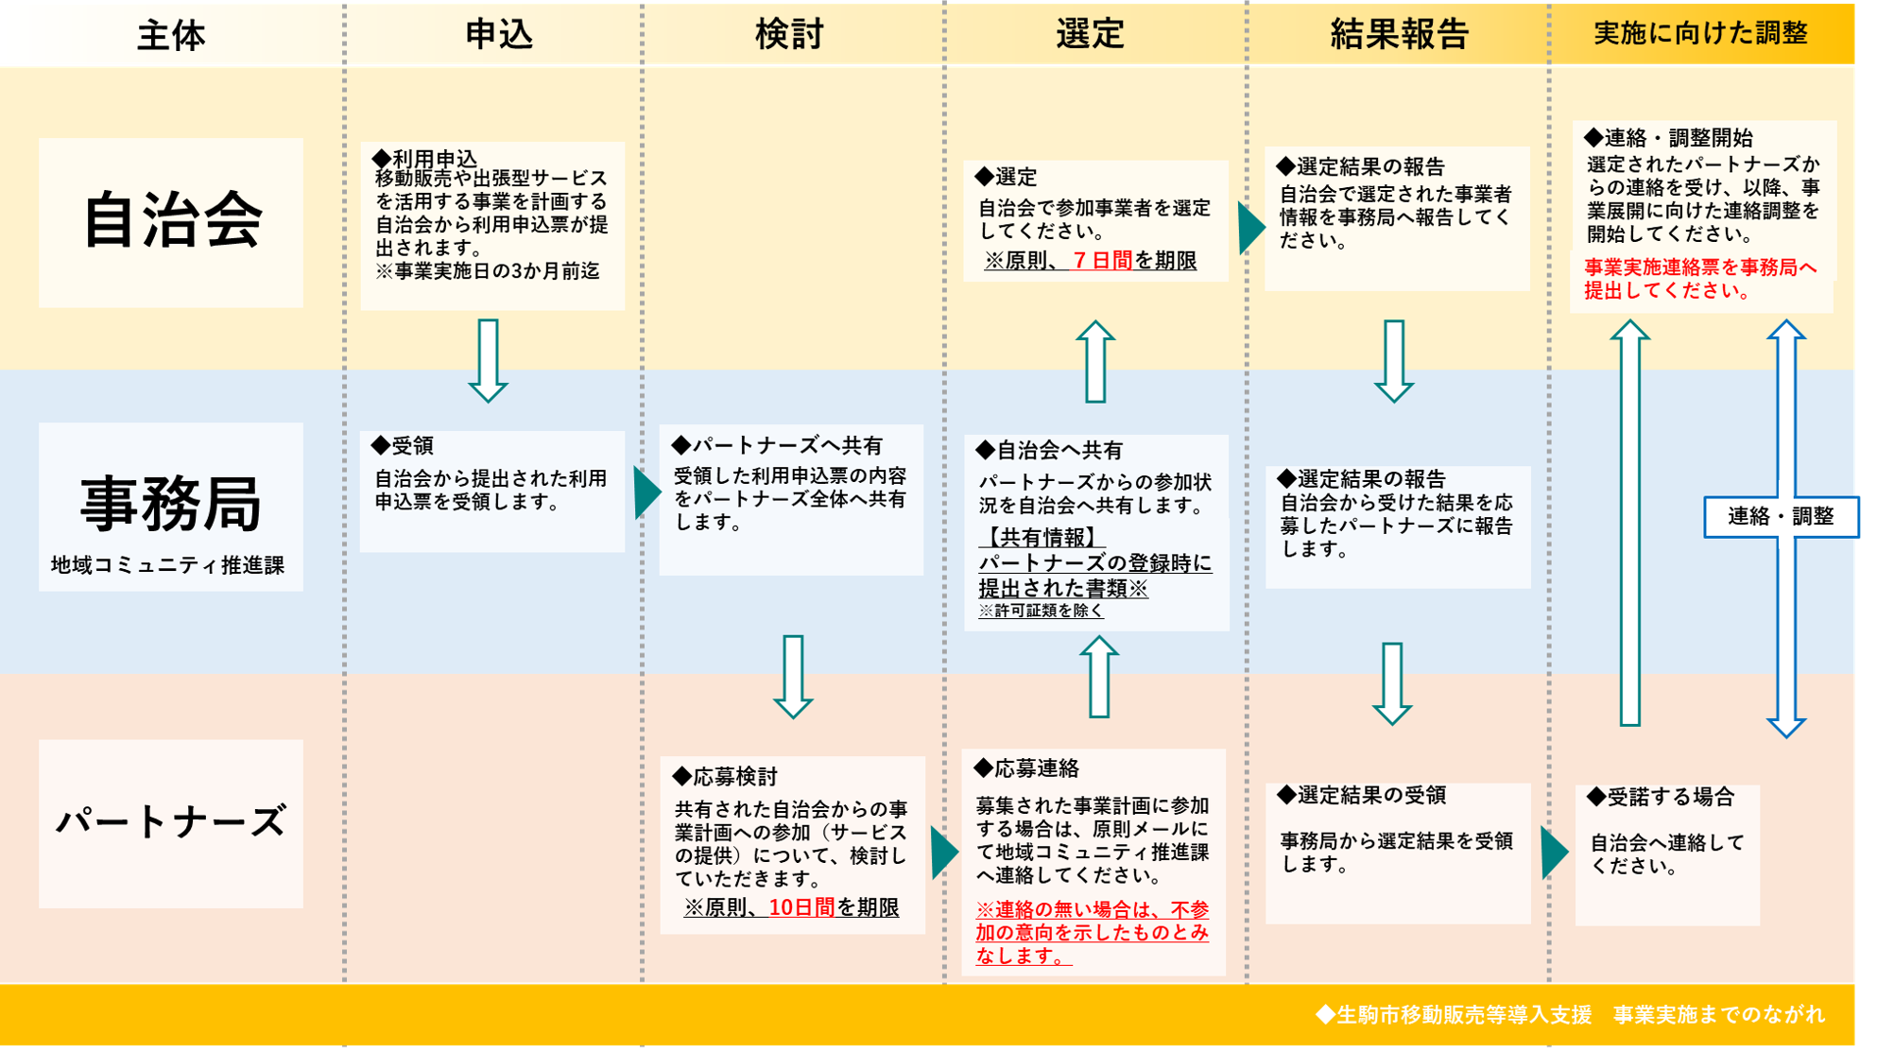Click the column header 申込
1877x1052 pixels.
click(x=499, y=34)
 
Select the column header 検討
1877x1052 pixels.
click(x=790, y=34)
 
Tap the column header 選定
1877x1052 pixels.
click(x=1090, y=34)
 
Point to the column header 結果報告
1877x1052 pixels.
click(x=1399, y=34)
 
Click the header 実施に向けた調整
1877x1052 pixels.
click(x=1700, y=34)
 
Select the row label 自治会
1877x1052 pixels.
click(x=171, y=220)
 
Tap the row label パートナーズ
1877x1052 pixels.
click(x=171, y=821)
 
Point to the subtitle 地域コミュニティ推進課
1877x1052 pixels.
click(x=167, y=565)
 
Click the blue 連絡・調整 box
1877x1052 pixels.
click(x=1781, y=516)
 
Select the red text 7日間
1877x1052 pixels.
click(x=1103, y=260)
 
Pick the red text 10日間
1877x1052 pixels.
click(x=801, y=907)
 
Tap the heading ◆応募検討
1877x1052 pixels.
click(x=725, y=777)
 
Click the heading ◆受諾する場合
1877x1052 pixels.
click(x=1661, y=797)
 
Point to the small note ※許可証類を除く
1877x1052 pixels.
click(x=1041, y=611)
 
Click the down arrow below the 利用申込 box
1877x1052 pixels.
click(x=489, y=360)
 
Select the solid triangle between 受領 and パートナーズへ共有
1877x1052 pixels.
click(x=646, y=492)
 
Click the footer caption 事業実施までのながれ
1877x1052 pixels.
click(x=1718, y=1015)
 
